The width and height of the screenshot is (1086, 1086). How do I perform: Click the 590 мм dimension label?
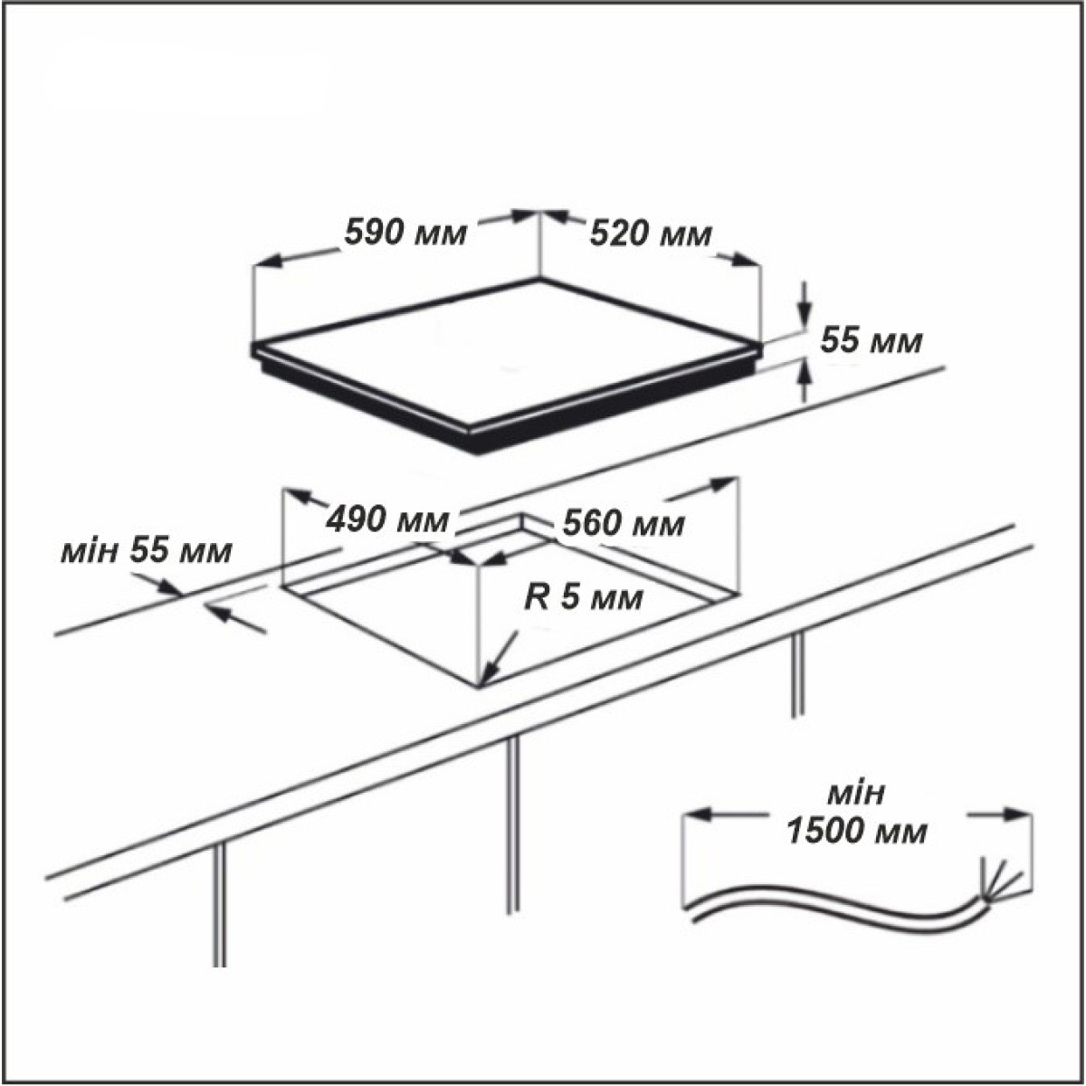(405, 233)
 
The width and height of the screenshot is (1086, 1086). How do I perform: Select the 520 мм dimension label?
(651, 233)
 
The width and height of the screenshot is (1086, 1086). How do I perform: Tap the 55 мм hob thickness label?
(872, 340)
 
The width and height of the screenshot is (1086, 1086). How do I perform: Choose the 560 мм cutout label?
(624, 524)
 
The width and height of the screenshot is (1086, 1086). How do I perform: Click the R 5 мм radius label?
(584, 598)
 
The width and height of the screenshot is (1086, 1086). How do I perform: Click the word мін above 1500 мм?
(855, 794)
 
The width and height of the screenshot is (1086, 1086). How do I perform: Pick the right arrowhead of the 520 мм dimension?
(746, 260)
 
